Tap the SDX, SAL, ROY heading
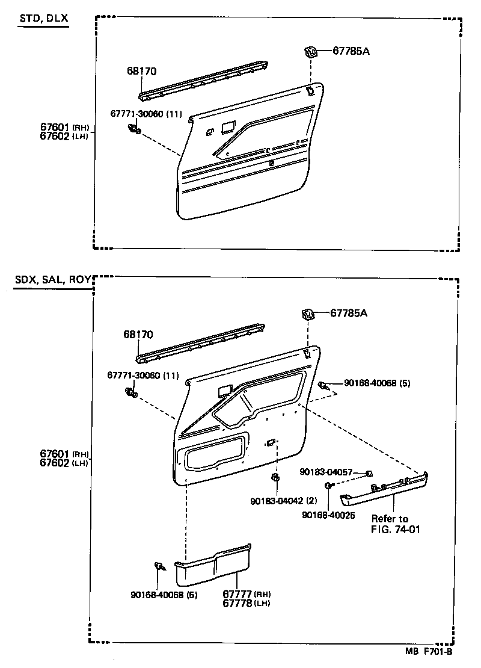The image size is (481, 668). point(52,280)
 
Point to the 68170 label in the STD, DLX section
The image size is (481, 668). point(141,71)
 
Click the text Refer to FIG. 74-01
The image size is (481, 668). point(390,524)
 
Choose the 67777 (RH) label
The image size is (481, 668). point(239,594)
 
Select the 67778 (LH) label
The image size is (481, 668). point(239,603)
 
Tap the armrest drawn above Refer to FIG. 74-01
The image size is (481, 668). point(385,487)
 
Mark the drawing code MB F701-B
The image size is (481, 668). point(427,651)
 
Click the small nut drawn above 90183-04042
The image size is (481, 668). point(275,478)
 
